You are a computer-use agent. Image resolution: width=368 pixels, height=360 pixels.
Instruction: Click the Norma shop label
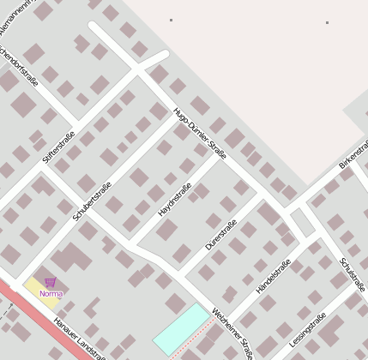[x=51, y=294]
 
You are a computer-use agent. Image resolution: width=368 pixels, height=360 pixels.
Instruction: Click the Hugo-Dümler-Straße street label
[x=199, y=134]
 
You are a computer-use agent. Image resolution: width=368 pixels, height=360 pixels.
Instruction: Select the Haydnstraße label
[x=174, y=199]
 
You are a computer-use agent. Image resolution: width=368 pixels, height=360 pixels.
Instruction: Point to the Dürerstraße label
[x=221, y=235]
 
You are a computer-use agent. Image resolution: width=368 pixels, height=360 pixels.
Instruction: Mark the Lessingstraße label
[x=307, y=330]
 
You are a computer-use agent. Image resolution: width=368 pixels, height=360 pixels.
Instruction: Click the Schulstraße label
[x=353, y=273]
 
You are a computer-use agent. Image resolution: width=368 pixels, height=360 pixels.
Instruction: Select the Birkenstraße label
[x=353, y=151]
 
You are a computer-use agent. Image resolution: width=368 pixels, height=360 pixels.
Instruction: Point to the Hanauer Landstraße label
[x=78, y=339]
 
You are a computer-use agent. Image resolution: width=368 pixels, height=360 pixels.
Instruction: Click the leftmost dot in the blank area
[x=171, y=20]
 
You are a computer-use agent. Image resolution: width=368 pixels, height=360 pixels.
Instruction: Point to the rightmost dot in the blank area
[x=327, y=22]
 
